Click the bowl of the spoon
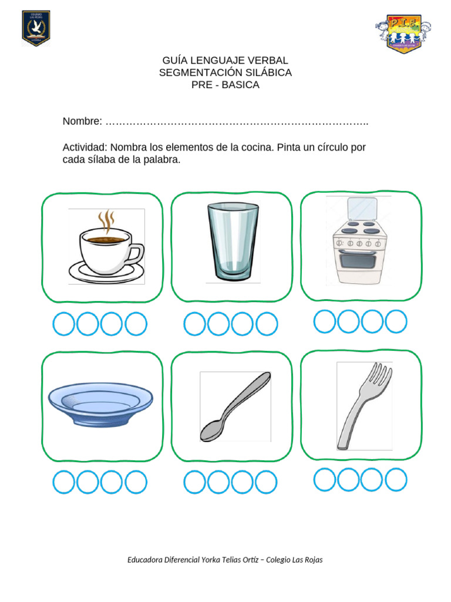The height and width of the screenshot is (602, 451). click(210, 431)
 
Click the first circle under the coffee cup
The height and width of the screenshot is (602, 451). click(64, 324)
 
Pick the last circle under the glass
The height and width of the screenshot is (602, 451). click(266, 324)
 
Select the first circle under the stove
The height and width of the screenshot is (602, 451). click(324, 321)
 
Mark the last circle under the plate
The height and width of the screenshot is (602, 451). click(136, 482)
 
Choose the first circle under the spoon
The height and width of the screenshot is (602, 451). click(194, 482)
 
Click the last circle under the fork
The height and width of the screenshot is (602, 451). click(396, 479)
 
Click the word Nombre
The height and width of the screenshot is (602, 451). click(81, 121)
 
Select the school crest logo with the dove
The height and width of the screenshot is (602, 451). click(36, 28)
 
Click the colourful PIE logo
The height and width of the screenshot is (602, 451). click(403, 32)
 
